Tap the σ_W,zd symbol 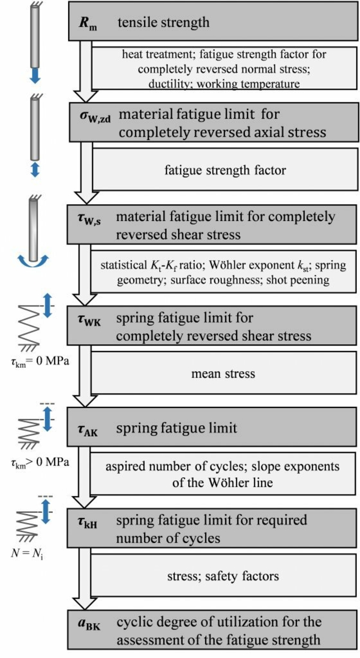click(92, 118)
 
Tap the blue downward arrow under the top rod click(35, 75)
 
